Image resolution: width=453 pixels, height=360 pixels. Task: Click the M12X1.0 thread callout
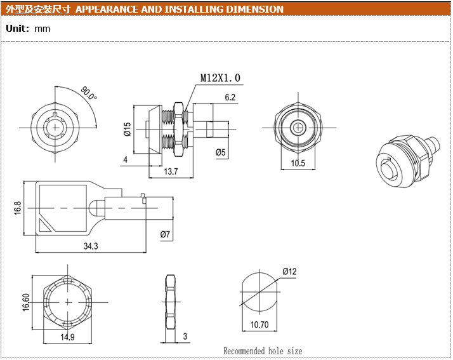pyautogui.click(x=220, y=78)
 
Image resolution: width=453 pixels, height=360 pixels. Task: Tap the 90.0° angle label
pyautogui.click(x=89, y=94)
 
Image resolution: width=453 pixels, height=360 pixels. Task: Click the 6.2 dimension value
pyautogui.click(x=230, y=97)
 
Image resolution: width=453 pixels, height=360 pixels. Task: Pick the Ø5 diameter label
pyautogui.click(x=221, y=152)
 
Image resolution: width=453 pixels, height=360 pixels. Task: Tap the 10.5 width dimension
pyautogui.click(x=298, y=163)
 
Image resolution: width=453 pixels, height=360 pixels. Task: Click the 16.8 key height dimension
pyautogui.click(x=17, y=208)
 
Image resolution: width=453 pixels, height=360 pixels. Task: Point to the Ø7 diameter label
pyautogui.click(x=165, y=235)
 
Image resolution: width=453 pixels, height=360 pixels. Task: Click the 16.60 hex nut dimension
pyautogui.click(x=26, y=302)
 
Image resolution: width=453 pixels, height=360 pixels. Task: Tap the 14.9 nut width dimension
pyautogui.click(x=67, y=337)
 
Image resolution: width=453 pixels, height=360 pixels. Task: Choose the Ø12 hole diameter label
pyautogui.click(x=290, y=272)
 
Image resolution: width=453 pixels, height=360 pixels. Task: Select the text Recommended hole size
pyautogui.click(x=263, y=350)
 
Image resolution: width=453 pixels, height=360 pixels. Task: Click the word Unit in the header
pyautogui.click(x=16, y=29)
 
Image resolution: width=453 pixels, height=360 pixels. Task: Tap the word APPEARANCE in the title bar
pyautogui.click(x=106, y=10)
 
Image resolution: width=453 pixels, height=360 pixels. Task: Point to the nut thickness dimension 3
pyautogui.click(x=185, y=336)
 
